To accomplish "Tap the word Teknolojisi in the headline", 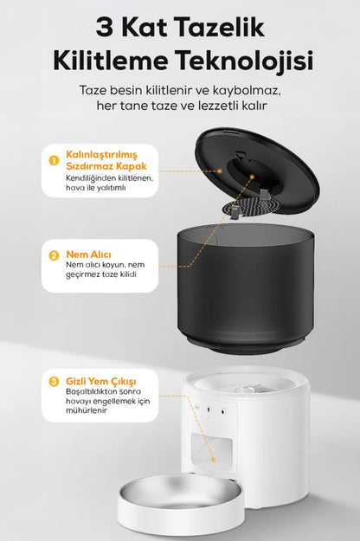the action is click(245, 61).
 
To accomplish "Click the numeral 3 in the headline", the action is click(104, 29).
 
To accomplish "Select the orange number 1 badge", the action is click(55, 160).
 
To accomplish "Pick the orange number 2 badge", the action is click(55, 255).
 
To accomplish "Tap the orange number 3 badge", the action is click(55, 382).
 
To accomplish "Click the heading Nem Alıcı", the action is click(88, 254).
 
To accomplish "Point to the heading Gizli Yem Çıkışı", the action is click(100, 381).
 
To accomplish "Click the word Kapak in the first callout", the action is click(131, 166).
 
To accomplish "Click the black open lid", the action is click(257, 171).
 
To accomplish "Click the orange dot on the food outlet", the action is click(213, 460).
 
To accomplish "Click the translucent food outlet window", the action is click(212, 452).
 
